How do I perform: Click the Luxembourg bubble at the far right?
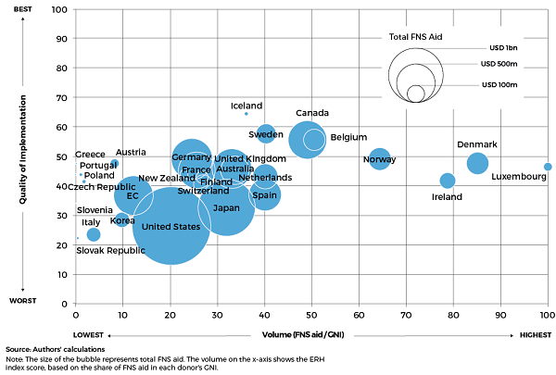[548, 167]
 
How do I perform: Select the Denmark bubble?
[477, 163]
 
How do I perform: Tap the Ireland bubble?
[448, 181]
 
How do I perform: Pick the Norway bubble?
[379, 159]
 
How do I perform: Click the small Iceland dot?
[246, 113]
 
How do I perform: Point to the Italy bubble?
[93, 235]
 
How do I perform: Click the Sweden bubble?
[266, 133]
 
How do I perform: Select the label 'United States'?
[170, 226]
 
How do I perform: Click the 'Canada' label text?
[312, 113]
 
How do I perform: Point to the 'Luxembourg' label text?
[518, 177]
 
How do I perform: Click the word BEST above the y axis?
[25, 9]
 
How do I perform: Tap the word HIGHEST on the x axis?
[534, 334]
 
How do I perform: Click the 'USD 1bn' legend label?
[505, 48]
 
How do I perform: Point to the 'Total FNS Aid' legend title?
[413, 37]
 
